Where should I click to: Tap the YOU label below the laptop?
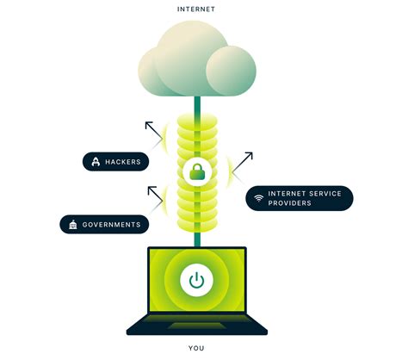point(197,349)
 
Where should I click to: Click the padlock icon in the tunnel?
point(197,171)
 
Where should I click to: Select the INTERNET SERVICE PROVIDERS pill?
point(300,197)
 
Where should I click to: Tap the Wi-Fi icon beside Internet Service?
point(259,198)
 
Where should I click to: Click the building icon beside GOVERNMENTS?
point(73,224)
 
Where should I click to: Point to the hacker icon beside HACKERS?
point(95,161)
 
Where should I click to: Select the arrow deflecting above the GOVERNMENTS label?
point(156,196)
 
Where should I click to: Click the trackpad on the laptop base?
point(197,326)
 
